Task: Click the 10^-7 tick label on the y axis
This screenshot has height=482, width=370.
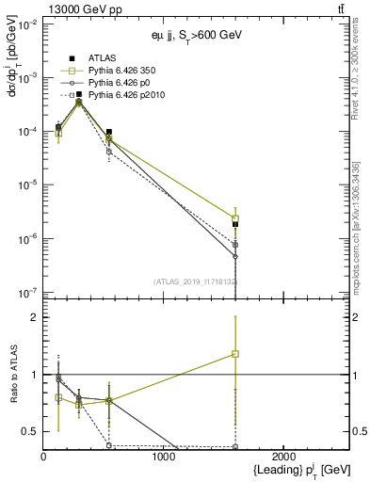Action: pos(28,293)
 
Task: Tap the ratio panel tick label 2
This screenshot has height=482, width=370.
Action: pos(34,317)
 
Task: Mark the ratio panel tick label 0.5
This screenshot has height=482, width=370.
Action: pos(30,431)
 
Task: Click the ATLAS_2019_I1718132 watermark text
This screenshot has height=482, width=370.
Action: pos(196,281)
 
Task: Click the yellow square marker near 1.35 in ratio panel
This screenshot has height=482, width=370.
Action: pos(235,354)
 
